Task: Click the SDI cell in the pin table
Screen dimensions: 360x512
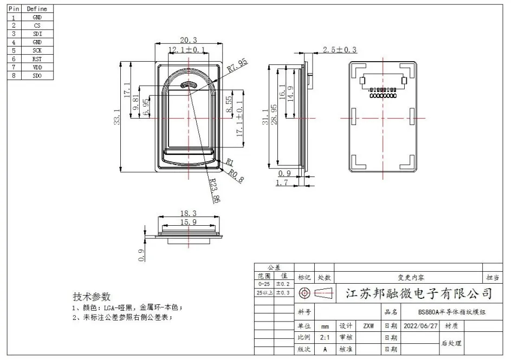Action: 37,34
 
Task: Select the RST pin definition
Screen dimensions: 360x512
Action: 37,58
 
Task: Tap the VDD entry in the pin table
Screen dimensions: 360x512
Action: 37,67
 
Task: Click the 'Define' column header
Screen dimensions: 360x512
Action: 37,9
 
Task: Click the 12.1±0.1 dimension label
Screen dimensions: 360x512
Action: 187,49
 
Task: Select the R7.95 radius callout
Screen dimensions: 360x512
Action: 237,66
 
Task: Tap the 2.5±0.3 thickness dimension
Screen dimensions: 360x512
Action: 340,49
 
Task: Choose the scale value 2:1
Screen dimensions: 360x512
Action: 325,337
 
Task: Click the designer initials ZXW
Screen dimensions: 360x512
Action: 369,326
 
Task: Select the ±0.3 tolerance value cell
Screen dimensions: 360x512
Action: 284,293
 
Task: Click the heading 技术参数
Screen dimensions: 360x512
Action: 92,297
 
